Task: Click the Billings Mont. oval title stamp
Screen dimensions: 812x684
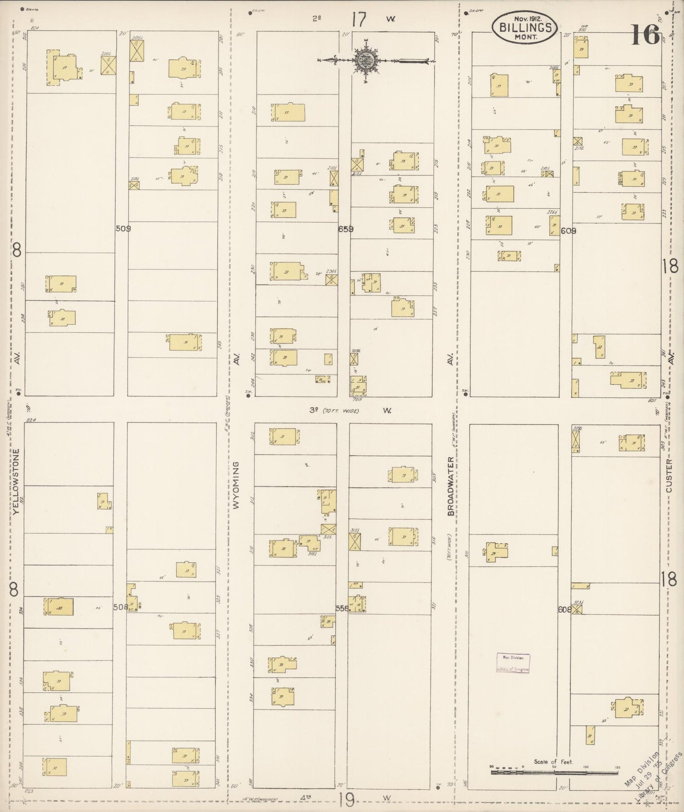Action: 524,27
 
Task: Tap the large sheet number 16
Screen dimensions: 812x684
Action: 645,34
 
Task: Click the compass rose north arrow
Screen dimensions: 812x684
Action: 368,60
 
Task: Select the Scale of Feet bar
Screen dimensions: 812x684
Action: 554,772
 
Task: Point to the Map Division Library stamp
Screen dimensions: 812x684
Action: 513,663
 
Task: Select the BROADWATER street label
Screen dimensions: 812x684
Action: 451,486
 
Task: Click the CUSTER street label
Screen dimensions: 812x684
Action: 669,475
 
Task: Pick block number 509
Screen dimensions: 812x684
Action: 123,228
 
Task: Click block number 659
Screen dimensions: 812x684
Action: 346,229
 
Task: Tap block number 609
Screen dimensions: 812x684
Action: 568,231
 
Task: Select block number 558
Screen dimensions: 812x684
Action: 342,608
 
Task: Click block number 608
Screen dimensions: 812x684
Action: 564,611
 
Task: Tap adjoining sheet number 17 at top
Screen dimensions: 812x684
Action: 359,20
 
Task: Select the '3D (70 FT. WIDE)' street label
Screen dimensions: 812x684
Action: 335,410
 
